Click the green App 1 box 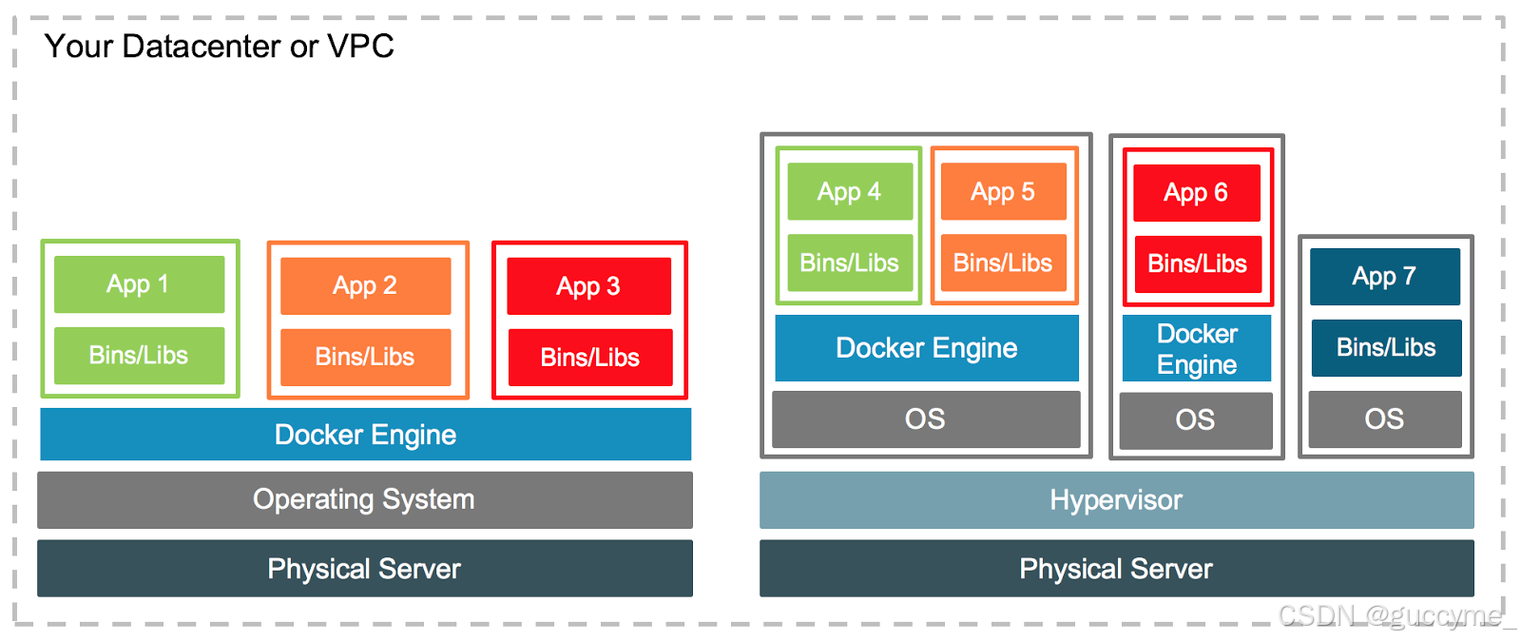139,284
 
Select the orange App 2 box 365,285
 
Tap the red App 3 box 588,285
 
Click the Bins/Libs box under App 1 139,356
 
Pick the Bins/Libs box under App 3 589,358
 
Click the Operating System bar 364,499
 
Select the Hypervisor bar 1116,500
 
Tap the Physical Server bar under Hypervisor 1116,569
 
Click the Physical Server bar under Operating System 364,569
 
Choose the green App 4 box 850,192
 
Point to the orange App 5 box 1003,192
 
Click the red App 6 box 1196,193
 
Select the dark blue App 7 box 1384,277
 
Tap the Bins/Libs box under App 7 1386,348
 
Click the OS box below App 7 1384,419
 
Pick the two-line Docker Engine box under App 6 1197,349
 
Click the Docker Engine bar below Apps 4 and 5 927,348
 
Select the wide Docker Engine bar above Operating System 365,435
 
